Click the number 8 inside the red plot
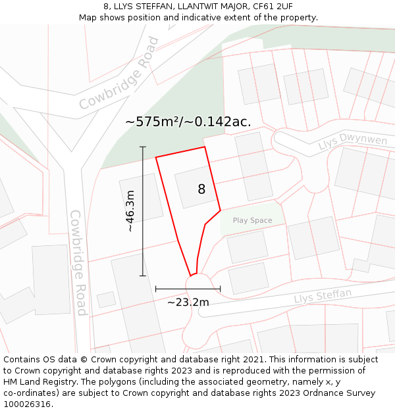201,189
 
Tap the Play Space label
252,221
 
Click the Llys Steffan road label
323,296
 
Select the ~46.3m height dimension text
130,211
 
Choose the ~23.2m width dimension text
188,302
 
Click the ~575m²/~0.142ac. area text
188,122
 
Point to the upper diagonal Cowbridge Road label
119,73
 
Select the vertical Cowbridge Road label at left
78,263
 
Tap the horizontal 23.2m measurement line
188,289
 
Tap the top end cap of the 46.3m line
143,147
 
